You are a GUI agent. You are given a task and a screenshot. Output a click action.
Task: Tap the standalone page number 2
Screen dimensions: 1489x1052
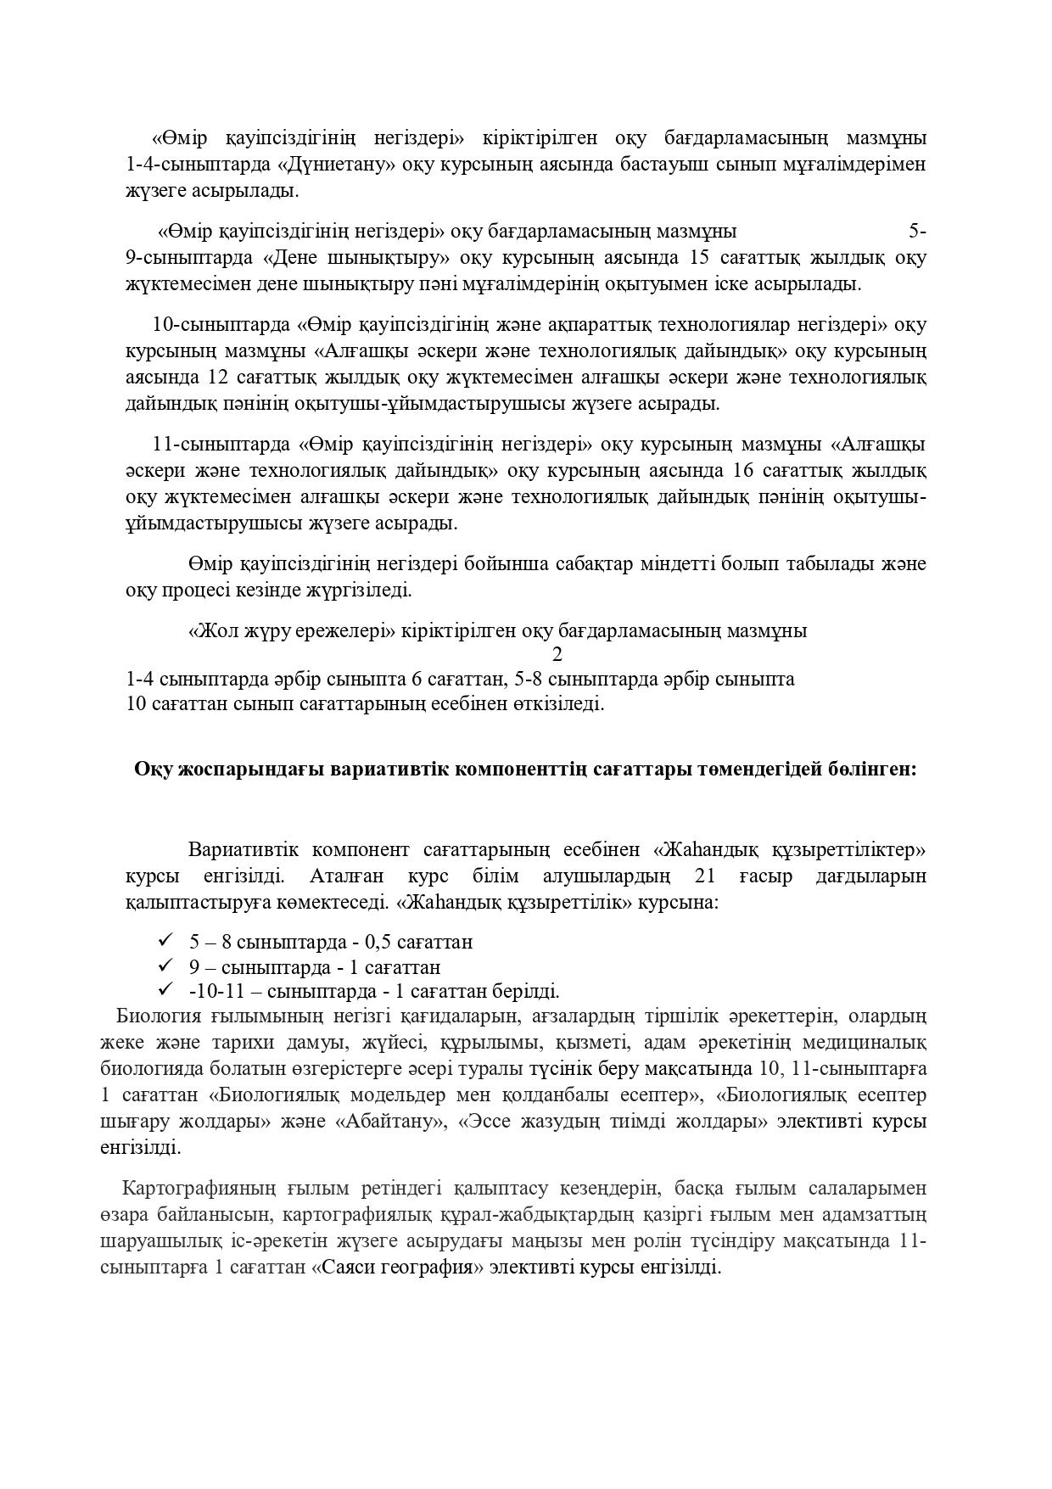click(557, 655)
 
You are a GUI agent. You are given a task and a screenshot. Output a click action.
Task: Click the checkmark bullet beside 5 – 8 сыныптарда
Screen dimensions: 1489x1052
click(165, 940)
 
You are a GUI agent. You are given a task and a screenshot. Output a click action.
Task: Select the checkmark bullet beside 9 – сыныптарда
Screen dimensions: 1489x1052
click(165, 966)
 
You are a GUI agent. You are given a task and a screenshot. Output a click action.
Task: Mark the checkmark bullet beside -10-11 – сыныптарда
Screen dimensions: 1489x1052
click(165, 989)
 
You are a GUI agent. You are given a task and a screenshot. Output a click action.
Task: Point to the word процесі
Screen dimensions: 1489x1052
click(199, 590)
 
